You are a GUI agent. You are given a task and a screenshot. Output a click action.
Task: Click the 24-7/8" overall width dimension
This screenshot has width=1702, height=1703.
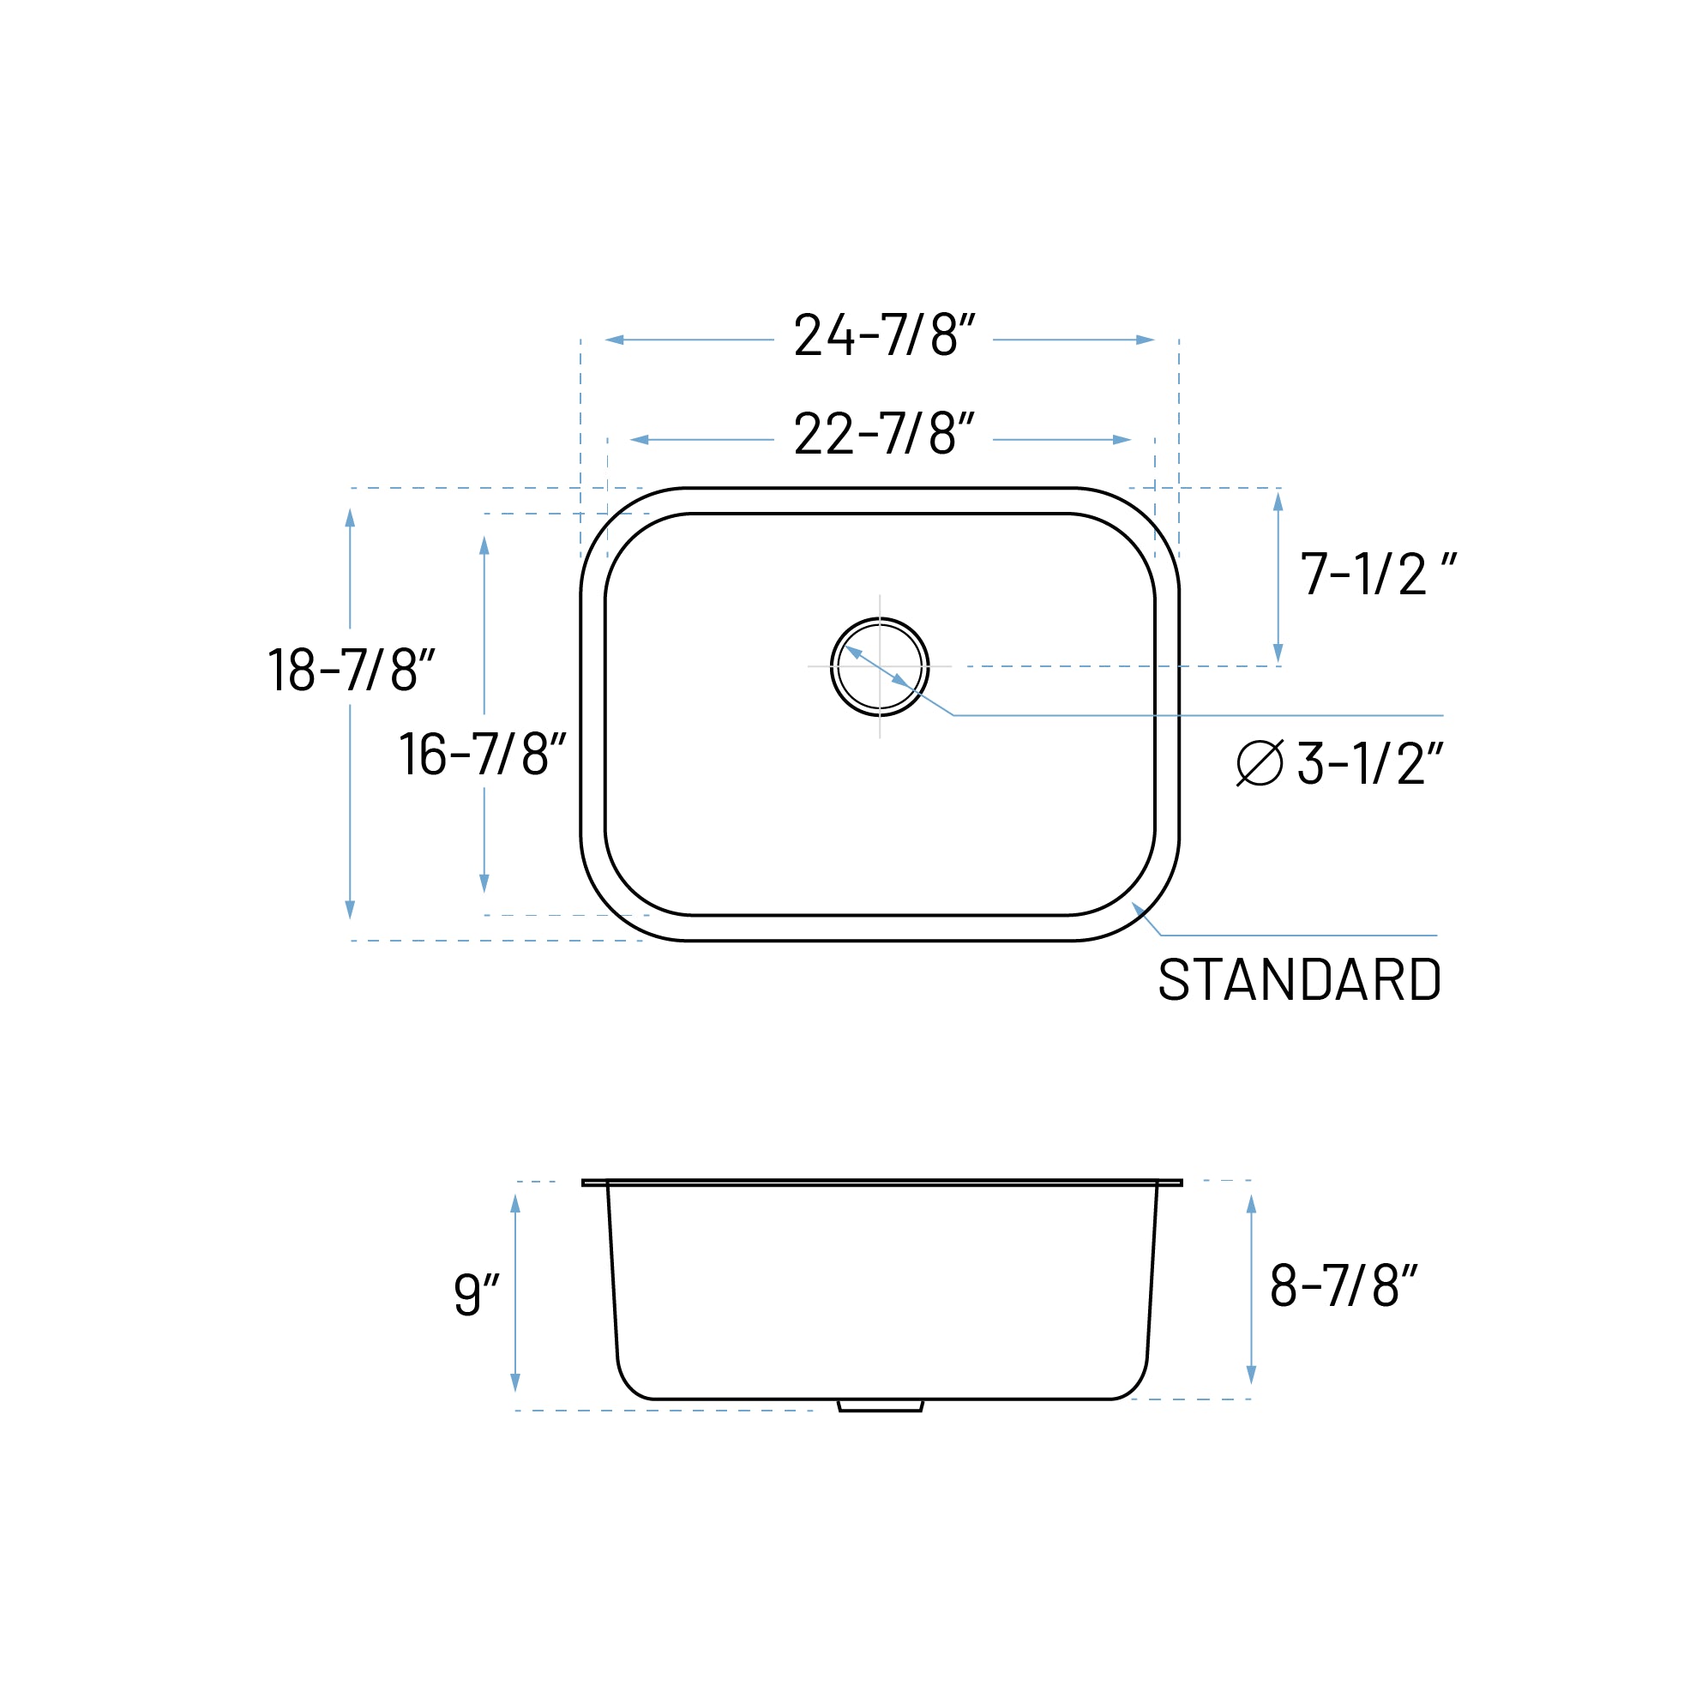(883, 335)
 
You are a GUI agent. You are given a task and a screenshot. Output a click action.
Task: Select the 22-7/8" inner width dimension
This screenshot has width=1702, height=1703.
(883, 435)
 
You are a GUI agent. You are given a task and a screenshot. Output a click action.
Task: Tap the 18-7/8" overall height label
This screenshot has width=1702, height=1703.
(351, 670)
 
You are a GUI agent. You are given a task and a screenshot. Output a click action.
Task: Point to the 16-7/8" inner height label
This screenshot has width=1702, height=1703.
(482, 754)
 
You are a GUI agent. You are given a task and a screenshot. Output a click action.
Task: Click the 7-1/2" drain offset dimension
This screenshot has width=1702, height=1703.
(1377, 575)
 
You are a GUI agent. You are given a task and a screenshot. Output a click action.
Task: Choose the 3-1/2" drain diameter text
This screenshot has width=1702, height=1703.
(1369, 763)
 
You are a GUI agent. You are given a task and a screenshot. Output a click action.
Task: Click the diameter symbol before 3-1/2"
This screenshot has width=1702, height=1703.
(1260, 762)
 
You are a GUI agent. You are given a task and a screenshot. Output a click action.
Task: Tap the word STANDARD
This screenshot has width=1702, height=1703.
(1299, 980)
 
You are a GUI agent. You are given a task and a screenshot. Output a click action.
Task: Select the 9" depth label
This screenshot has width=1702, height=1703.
(476, 1295)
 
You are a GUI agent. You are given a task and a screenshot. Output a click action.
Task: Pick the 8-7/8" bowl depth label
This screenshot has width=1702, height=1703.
(1343, 1286)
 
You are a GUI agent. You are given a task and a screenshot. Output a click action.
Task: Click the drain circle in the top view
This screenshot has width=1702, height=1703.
(879, 666)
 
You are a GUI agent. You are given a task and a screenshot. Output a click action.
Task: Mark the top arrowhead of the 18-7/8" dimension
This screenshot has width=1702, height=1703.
(350, 518)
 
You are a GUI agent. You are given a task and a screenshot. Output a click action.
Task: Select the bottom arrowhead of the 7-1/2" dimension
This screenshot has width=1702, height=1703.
(1278, 653)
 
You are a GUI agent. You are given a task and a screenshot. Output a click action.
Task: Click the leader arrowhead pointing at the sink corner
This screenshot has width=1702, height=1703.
(1138, 909)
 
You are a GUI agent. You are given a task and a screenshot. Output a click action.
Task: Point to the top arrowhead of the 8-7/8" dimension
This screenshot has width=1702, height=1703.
(1251, 1204)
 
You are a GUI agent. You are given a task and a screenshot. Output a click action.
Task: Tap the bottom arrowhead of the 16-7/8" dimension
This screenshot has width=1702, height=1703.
(484, 883)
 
